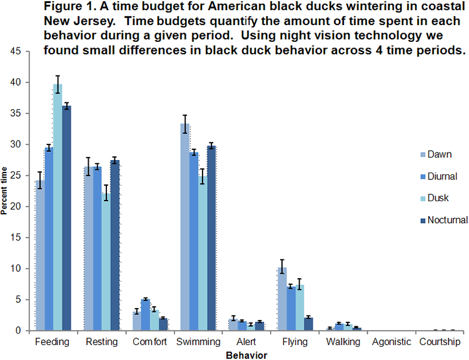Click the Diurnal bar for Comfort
[145, 315]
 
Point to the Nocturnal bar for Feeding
[66, 218]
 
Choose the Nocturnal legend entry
[443, 219]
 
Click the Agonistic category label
[391, 342]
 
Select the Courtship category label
[440, 342]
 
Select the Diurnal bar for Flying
[291, 308]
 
